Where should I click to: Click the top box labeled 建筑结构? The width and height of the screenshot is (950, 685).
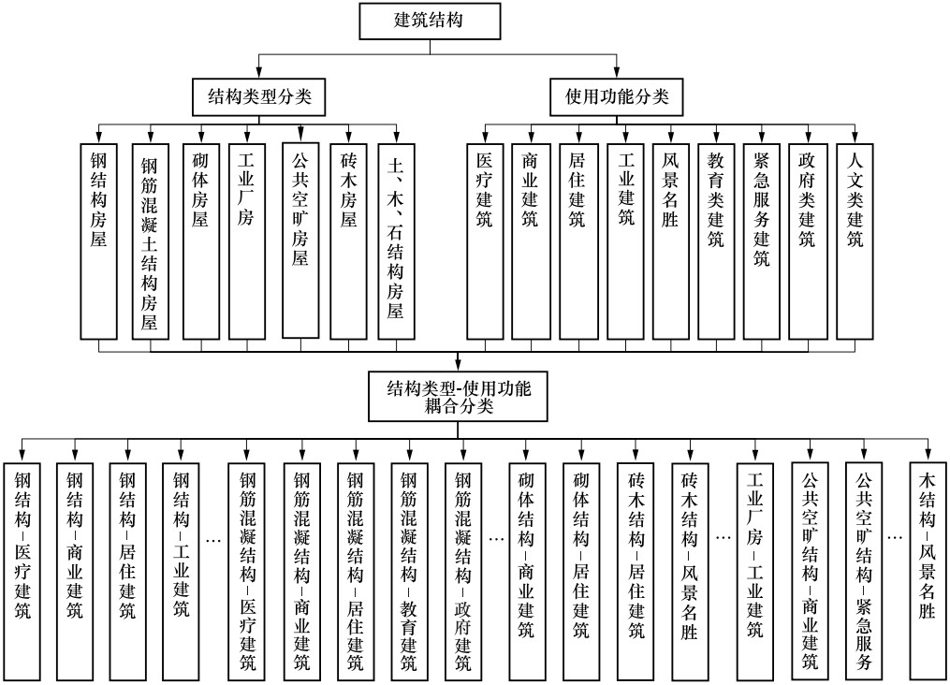coord(431,22)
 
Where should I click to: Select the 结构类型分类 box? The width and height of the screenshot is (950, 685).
coord(258,97)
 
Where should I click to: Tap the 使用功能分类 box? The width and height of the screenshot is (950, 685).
coord(616,97)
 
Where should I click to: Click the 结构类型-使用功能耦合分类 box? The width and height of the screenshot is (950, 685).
coord(458,397)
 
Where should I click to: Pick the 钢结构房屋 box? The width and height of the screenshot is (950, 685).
coord(99,241)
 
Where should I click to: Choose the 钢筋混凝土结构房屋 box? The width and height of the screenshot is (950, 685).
coord(151,241)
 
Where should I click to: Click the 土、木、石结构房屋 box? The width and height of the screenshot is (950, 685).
coord(396,241)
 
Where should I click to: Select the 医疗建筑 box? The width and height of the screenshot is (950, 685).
coord(485,241)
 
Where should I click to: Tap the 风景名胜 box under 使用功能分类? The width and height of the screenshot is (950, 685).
coord(671,241)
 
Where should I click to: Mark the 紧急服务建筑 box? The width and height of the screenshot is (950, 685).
coord(762,241)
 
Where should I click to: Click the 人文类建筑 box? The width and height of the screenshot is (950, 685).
coord(855,241)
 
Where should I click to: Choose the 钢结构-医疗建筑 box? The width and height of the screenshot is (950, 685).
coord(22,571)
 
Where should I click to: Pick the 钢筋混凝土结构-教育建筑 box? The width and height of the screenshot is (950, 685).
coord(410,571)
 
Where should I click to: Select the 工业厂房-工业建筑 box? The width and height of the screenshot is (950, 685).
coord(755,571)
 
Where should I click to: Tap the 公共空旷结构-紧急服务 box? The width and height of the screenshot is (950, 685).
coord(864,571)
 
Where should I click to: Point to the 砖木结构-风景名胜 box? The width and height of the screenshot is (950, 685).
coord(690,571)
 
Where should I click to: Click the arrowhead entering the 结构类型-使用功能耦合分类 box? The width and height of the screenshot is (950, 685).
coord(458,366)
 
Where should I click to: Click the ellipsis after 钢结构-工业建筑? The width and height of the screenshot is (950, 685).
coord(214,538)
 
